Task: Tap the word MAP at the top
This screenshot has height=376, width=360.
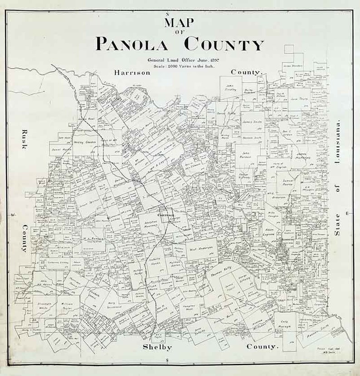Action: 180,22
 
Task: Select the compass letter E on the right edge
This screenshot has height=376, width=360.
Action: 347,213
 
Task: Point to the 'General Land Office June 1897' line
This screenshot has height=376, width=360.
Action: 180,59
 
